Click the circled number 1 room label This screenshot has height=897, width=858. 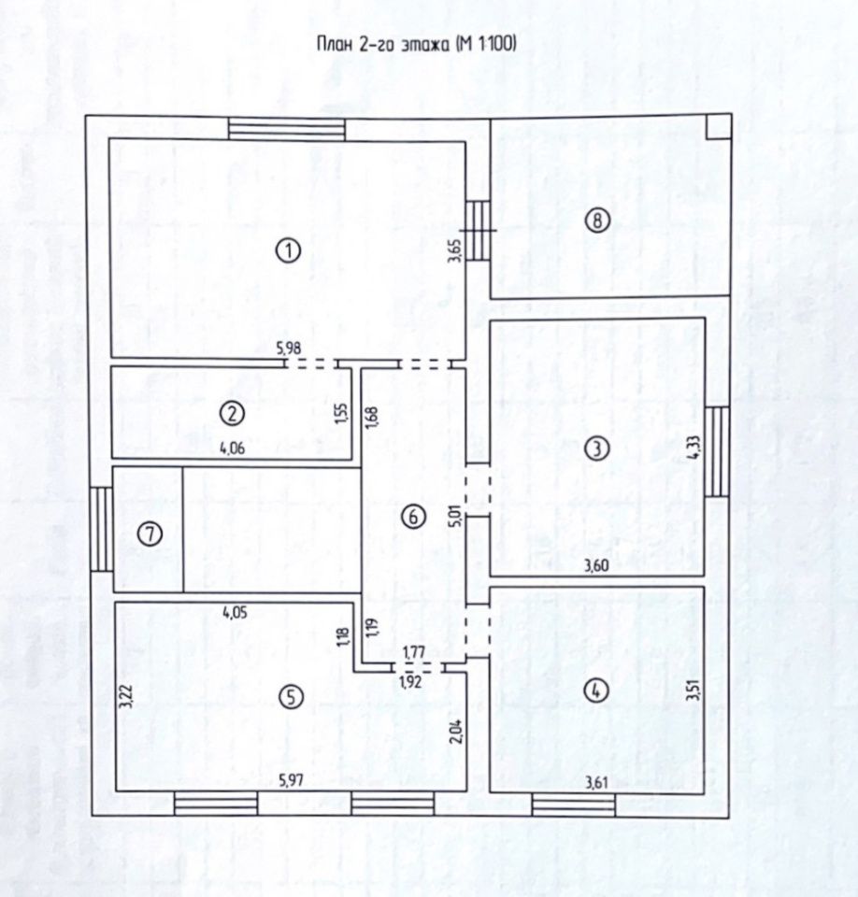[x=291, y=249]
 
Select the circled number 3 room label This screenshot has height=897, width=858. [x=595, y=448]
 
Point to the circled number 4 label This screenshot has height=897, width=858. [x=595, y=691]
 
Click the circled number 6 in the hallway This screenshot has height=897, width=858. [x=412, y=516]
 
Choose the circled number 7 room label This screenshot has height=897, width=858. [x=149, y=534]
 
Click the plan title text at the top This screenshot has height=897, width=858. [x=418, y=43]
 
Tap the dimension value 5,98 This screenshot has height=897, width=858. [x=290, y=349]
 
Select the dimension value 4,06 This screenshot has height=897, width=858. [x=233, y=448]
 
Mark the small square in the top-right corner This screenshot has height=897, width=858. [x=718, y=126]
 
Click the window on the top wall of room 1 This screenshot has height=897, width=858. [x=286, y=128]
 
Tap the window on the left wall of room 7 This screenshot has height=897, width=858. [x=103, y=530]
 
